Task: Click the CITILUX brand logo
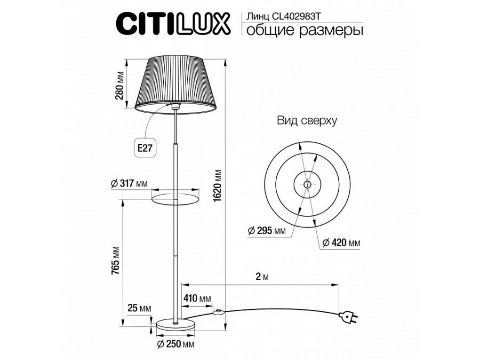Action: pyautogui.click(x=173, y=23)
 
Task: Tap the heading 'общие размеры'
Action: pyautogui.click(x=303, y=31)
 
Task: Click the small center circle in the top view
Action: pyautogui.click(x=307, y=185)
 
